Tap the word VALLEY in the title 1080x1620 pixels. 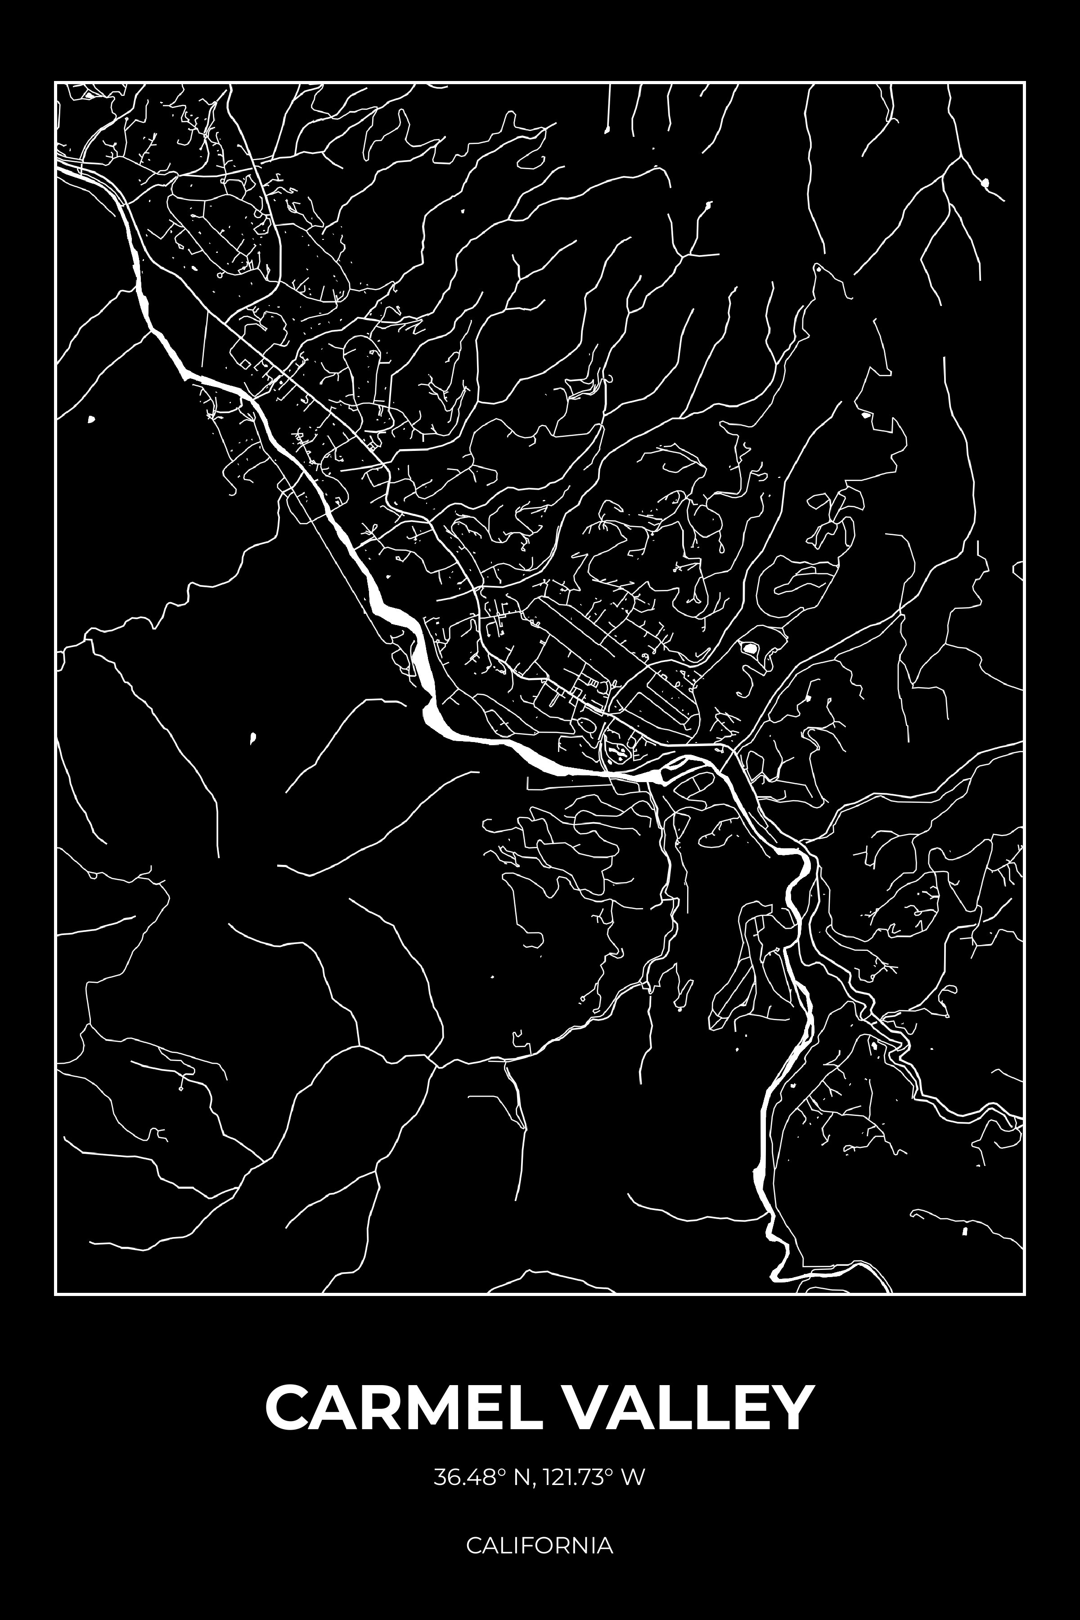(689, 1408)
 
